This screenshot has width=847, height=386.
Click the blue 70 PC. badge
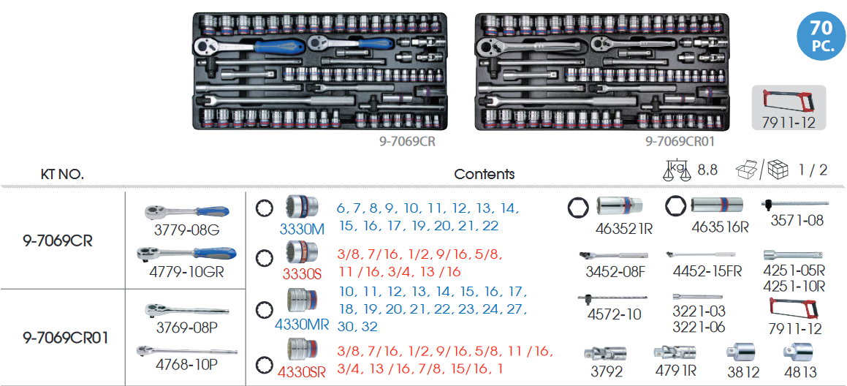click(821, 35)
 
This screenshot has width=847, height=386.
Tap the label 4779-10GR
click(188, 272)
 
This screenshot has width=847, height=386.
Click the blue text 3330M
click(301, 229)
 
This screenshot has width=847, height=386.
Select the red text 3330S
click(302, 276)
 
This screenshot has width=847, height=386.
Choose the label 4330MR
click(302, 323)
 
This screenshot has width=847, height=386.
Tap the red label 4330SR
click(302, 370)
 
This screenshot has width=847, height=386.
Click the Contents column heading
click(484, 174)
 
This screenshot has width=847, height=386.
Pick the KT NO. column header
click(62, 174)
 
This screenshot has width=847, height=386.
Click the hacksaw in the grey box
click(789, 102)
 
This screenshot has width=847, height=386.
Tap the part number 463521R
click(624, 228)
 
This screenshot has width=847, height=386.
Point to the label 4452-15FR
click(707, 271)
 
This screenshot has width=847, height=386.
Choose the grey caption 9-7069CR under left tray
click(408, 142)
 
